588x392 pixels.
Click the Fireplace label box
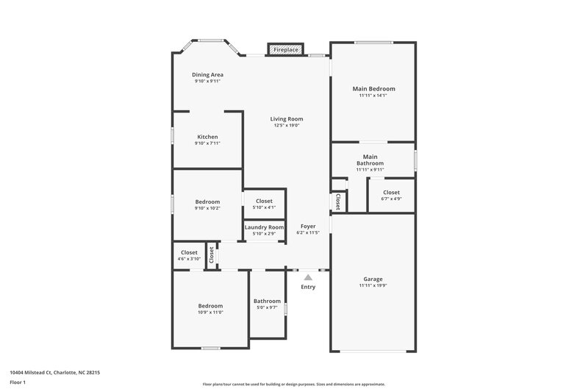[x=286, y=50]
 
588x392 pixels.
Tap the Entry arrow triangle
[x=308, y=277]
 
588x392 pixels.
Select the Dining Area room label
[x=207, y=74]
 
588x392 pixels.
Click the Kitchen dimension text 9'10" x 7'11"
[x=207, y=143]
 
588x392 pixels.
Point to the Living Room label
[x=287, y=118]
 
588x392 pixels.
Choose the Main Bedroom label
[x=373, y=88]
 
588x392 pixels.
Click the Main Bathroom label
[x=370, y=160]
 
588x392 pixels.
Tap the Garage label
[x=373, y=279]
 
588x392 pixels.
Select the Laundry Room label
[x=264, y=227]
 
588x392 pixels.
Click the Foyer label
[x=308, y=226]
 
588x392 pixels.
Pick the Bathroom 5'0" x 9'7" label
[x=267, y=301]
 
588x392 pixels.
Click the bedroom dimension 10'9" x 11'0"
[x=210, y=313]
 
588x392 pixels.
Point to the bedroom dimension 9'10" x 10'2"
[x=207, y=208]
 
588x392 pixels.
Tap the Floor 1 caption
[x=18, y=382]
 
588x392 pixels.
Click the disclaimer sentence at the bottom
[x=293, y=384]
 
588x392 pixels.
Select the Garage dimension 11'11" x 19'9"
[x=373, y=285]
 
